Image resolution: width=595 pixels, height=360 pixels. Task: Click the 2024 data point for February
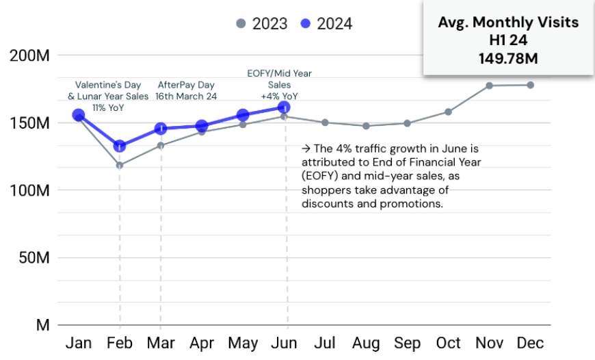120,146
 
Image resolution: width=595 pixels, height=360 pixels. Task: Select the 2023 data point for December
530,85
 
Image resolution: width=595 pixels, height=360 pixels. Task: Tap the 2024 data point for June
284,107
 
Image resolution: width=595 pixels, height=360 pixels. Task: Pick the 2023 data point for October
448,112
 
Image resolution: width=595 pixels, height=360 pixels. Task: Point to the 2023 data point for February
120,165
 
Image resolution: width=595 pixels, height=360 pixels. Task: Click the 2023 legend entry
261,24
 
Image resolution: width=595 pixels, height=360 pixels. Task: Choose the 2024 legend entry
327,24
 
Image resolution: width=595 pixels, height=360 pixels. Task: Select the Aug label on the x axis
366,342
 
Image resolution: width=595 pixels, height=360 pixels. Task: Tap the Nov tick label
489,342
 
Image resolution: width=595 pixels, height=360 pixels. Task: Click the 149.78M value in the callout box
508,58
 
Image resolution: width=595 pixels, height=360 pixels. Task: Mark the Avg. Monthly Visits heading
508,23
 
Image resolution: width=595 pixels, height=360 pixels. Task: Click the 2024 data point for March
161,128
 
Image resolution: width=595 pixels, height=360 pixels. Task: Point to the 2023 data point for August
366,126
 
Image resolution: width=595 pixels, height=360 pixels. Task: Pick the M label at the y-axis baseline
43,325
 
